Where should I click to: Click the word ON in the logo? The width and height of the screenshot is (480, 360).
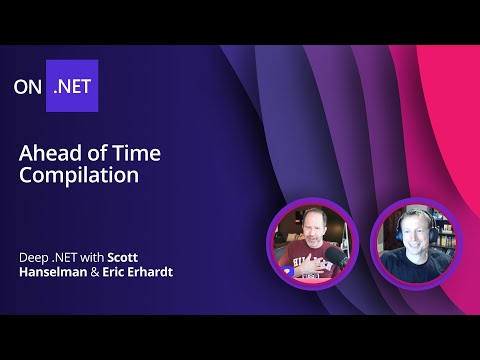point(29,86)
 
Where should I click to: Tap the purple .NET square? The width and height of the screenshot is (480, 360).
point(72,86)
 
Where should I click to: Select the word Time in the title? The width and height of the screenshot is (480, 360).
point(122,152)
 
